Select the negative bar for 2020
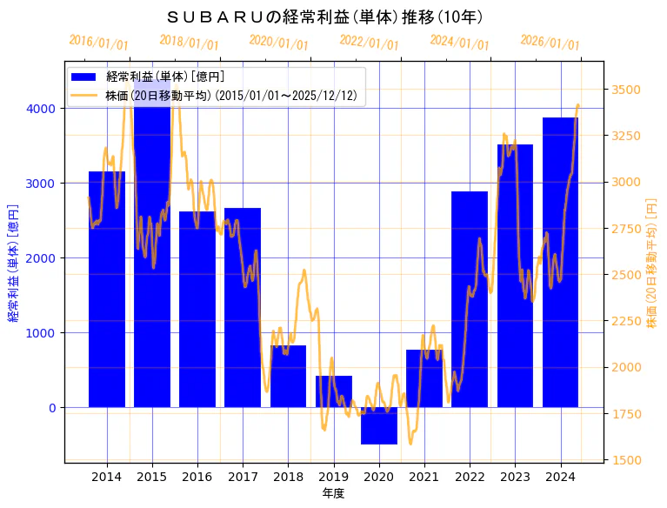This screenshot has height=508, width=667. tap(379, 425)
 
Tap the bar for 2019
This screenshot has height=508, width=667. tap(334, 391)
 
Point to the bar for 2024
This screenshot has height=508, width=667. tap(560, 262)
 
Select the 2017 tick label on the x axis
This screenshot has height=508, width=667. tap(243, 477)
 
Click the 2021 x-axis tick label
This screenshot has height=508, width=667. tap(424, 477)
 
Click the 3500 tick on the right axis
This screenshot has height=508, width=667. tap(627, 90)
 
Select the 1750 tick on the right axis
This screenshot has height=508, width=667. tap(627, 413)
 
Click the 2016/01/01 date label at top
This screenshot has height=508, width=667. tap(98, 43)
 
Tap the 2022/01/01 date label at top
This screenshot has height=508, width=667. tap(369, 43)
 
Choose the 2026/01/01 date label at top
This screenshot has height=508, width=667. tap(550, 43)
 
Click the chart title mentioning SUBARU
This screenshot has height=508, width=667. tap(325, 17)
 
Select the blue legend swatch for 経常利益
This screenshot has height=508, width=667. tap(85, 77)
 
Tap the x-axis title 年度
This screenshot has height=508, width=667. tap(333, 493)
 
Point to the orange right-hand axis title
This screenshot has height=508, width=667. tap(651, 262)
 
